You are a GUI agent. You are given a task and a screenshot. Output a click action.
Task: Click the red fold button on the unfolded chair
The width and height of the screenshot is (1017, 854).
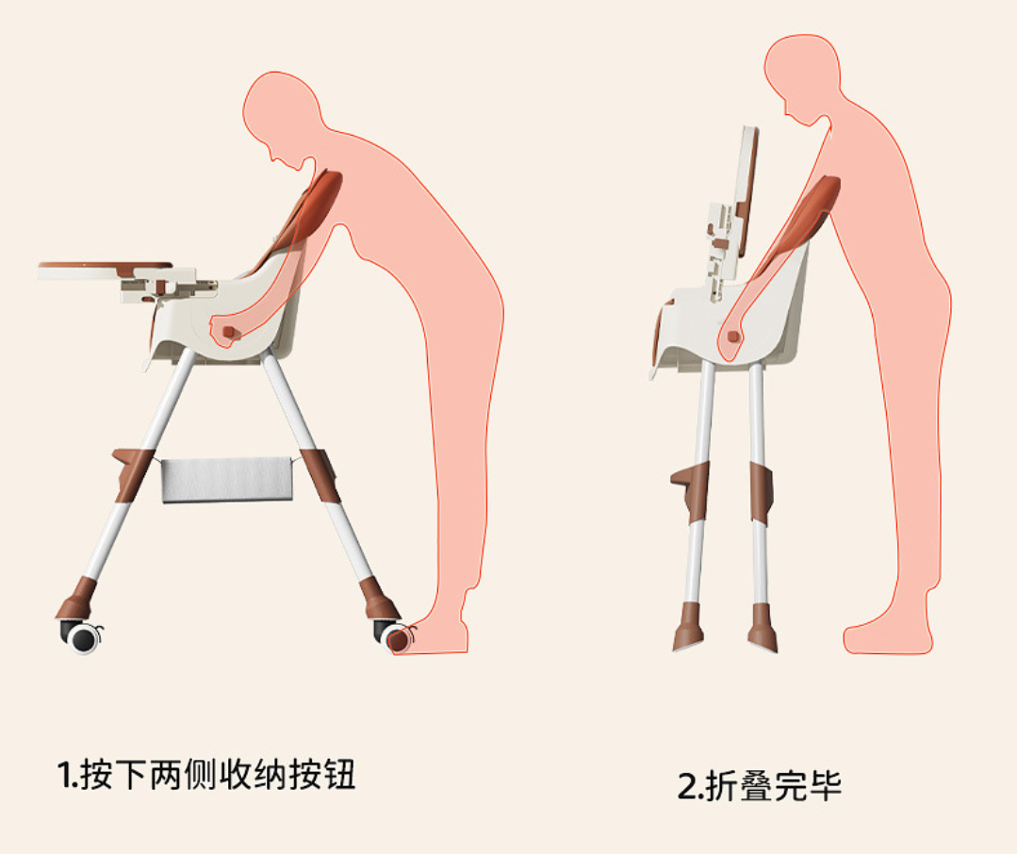point(228,332)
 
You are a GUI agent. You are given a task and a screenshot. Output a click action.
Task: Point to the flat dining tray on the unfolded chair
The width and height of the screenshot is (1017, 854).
point(105,271)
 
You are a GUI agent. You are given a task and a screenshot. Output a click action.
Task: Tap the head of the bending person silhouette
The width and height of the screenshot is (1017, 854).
point(282,117)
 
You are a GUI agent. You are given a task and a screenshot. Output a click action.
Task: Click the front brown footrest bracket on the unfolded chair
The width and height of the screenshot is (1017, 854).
point(132,473)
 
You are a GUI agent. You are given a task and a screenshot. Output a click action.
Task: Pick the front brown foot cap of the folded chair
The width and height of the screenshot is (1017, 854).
point(687,626)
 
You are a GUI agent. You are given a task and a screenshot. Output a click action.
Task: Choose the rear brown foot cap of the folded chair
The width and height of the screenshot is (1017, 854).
point(763,627)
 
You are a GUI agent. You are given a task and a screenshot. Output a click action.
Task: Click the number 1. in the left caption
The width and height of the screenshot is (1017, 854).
point(68,775)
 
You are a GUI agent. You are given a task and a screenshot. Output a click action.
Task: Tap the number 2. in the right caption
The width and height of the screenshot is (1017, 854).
point(690,786)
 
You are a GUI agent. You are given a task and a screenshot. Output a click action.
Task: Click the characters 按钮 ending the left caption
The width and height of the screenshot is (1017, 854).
point(322,774)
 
